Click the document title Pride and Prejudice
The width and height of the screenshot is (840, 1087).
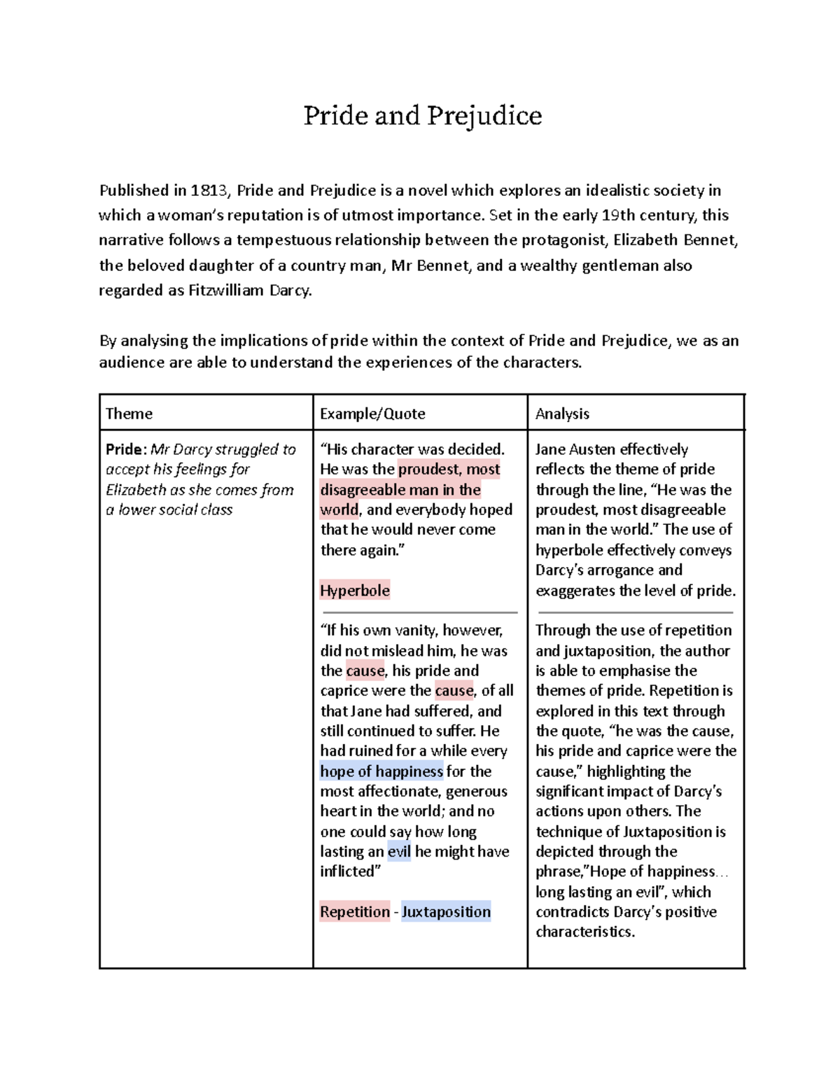[422, 115]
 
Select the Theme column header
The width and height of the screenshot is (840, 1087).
[129, 414]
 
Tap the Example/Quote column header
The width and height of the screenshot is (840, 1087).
[372, 414]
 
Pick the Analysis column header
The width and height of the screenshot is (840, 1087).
[562, 414]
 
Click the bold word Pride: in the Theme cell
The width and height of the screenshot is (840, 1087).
[126, 449]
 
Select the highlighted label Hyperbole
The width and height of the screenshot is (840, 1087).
[354, 590]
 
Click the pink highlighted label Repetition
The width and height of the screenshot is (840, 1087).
[354, 911]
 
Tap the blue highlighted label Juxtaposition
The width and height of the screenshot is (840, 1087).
[446, 911]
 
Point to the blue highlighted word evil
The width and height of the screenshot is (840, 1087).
[399, 851]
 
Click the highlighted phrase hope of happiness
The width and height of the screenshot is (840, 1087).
[381, 771]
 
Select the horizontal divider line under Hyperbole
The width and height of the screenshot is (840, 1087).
[419, 612]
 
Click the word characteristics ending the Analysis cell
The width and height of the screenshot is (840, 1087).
[584, 932]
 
